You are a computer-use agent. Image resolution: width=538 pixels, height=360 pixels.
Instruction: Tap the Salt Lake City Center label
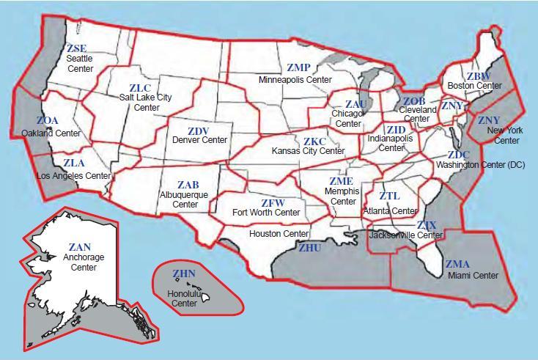pos(145,102)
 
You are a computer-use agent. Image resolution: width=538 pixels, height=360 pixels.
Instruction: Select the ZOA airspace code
pos(48,121)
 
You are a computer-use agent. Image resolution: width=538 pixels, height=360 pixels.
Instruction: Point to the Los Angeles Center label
pos(74,176)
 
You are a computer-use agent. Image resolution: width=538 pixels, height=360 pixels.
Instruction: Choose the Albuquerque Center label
pos(185,199)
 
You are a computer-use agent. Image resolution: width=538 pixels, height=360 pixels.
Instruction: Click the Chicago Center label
pos(347,119)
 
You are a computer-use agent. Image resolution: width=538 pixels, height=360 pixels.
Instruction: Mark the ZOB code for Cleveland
pos(414,100)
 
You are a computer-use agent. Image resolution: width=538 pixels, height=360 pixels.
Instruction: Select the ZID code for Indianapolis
pos(396,130)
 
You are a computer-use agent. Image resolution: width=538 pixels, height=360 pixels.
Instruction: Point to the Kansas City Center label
pos(308,151)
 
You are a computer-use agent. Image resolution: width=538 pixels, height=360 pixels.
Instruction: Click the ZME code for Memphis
pos(341,181)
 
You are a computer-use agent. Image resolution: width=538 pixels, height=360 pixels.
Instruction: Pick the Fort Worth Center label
pos(266,213)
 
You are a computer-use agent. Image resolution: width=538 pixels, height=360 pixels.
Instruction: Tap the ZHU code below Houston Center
pos(310,248)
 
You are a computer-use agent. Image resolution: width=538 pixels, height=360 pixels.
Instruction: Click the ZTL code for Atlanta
pos(389,196)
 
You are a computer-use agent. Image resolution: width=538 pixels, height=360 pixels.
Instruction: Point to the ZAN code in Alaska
pos(79,247)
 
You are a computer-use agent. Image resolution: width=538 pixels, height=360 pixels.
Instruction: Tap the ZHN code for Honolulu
pos(184,273)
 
